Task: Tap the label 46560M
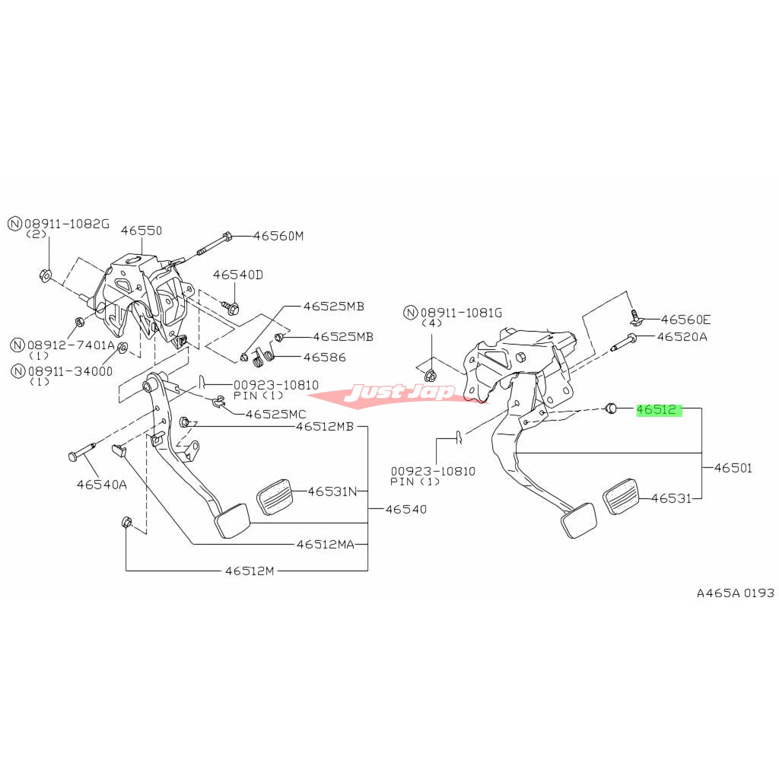point(278,236)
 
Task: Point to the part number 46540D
point(237,275)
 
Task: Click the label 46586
point(324,357)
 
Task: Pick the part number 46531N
point(332,491)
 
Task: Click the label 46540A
point(102,483)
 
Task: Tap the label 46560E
point(685,320)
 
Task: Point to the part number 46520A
point(682,336)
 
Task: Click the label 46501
point(733,468)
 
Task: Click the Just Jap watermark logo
point(399,393)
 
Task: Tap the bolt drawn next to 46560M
point(214,243)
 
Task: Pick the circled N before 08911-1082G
point(15,224)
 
